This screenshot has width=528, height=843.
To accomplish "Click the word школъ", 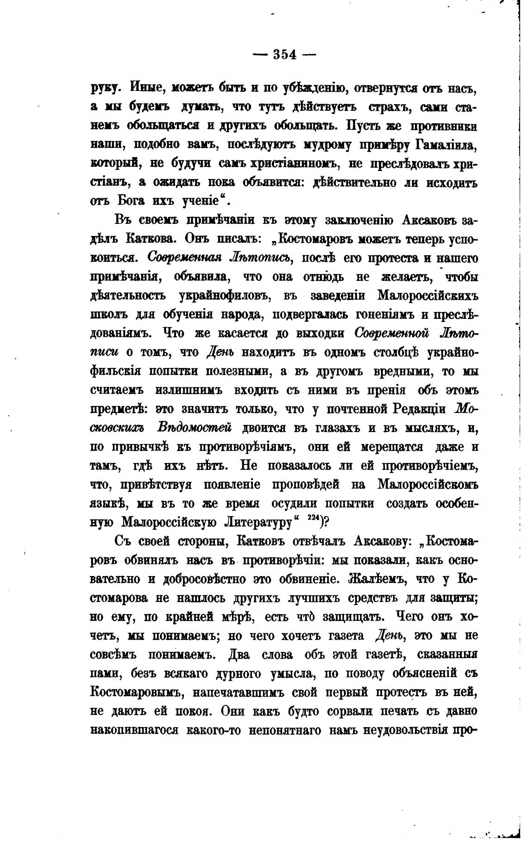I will tap(107, 315).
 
